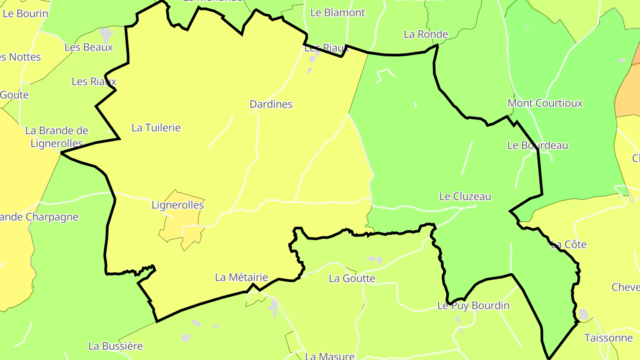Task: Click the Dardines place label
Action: coord(271,104)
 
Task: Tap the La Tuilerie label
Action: coord(156,128)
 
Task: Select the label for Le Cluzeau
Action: coord(465,196)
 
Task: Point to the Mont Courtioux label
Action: coord(545,104)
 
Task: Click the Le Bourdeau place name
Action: coord(538,146)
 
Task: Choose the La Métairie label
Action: coord(241,278)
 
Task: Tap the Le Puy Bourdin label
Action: coord(473,306)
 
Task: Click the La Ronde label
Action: coord(426,34)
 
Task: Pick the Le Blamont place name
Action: coord(337,13)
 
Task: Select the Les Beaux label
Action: coord(89,47)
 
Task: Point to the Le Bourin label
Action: coord(25,13)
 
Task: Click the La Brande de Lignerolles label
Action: coord(56,137)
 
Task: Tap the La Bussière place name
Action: coord(116,346)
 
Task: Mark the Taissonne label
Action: coord(608,338)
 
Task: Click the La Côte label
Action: coord(568,245)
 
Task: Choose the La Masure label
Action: coord(329,356)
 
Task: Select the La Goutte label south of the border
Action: coord(352,279)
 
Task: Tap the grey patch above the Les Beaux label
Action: coord(106,33)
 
